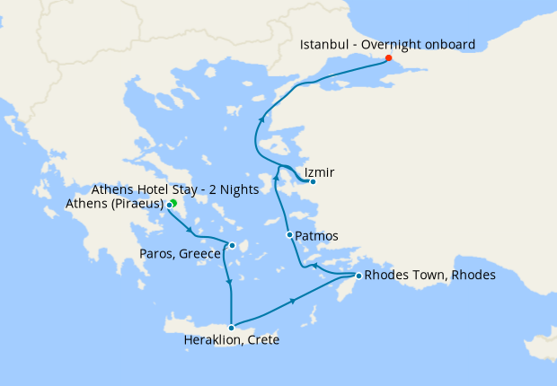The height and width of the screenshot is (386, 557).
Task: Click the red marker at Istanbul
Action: coord(388,58)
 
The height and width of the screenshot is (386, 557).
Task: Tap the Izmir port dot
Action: coord(313,181)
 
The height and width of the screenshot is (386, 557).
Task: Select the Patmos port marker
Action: coord(289,235)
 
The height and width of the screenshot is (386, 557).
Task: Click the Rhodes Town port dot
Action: coord(358,275)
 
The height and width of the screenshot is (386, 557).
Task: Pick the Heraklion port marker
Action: coord(232,327)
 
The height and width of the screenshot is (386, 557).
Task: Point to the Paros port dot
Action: coord(232,245)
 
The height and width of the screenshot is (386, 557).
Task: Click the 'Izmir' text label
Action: coord(321,170)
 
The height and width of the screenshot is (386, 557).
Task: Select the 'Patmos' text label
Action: coord(317,236)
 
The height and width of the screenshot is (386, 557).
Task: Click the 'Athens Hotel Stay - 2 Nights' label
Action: coord(175,189)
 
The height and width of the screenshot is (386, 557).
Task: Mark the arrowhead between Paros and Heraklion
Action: coord(231,285)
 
